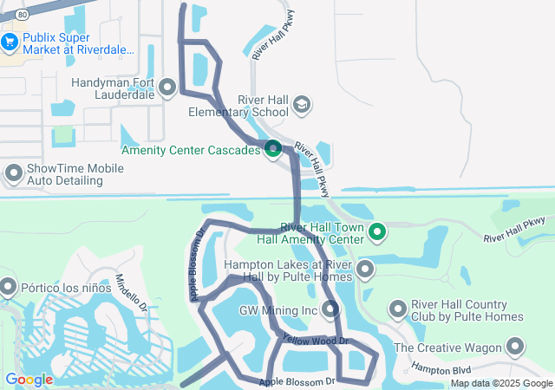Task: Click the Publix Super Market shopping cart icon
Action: (x=10, y=40)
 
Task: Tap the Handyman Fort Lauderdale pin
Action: (x=167, y=87)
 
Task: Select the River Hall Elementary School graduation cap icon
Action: (x=302, y=106)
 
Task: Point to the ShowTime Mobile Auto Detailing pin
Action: (x=13, y=173)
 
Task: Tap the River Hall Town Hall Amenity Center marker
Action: (x=376, y=231)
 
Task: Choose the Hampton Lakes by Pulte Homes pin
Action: (x=364, y=270)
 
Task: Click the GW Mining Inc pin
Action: (x=330, y=309)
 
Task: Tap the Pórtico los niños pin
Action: (x=9, y=285)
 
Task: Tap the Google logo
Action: (x=29, y=380)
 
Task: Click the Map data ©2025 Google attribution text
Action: (x=501, y=384)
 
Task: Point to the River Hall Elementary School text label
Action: (x=239, y=106)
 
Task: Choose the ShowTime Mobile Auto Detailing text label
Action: (x=76, y=174)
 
